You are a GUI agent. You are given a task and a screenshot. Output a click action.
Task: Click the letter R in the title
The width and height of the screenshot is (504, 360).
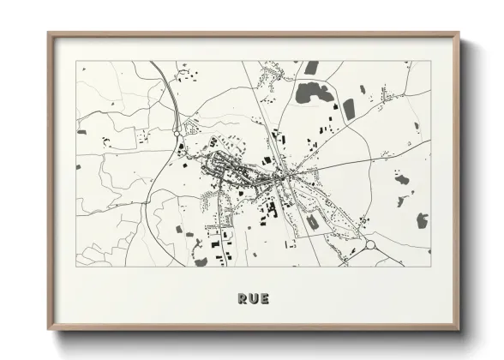[x=242, y=299]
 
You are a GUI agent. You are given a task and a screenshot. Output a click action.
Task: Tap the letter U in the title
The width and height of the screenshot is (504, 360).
[x=253, y=299]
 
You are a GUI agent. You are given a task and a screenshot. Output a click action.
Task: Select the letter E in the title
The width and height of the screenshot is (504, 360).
[x=264, y=299]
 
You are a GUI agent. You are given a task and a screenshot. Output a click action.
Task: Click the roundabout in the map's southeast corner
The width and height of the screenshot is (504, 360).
[x=371, y=245]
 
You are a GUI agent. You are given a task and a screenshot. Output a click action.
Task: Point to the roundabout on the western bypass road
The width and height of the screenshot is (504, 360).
[x=177, y=134]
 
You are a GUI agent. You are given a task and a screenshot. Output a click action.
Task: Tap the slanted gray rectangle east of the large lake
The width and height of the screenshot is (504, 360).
[x=349, y=109]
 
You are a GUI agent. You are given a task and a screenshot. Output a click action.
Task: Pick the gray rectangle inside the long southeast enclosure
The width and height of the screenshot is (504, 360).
[x=312, y=220]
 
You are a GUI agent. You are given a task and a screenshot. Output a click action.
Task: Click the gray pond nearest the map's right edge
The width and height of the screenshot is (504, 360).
[x=422, y=220]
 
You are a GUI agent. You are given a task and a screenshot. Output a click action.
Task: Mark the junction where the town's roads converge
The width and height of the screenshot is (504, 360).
[x=280, y=176]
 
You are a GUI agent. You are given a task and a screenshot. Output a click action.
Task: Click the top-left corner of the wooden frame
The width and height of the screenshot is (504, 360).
[x=48, y=33]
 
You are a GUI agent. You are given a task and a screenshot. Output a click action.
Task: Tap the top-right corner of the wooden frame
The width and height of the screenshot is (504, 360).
[x=459, y=33]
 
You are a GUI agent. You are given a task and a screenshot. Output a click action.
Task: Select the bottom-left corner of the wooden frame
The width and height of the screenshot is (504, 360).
[x=48, y=330]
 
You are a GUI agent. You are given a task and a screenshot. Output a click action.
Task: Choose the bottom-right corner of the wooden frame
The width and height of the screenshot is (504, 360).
[x=459, y=330]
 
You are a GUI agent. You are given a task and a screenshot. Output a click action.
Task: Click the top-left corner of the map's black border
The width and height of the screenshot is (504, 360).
[x=76, y=61]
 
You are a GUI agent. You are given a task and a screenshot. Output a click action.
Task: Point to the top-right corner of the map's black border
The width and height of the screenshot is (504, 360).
[x=431, y=61]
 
